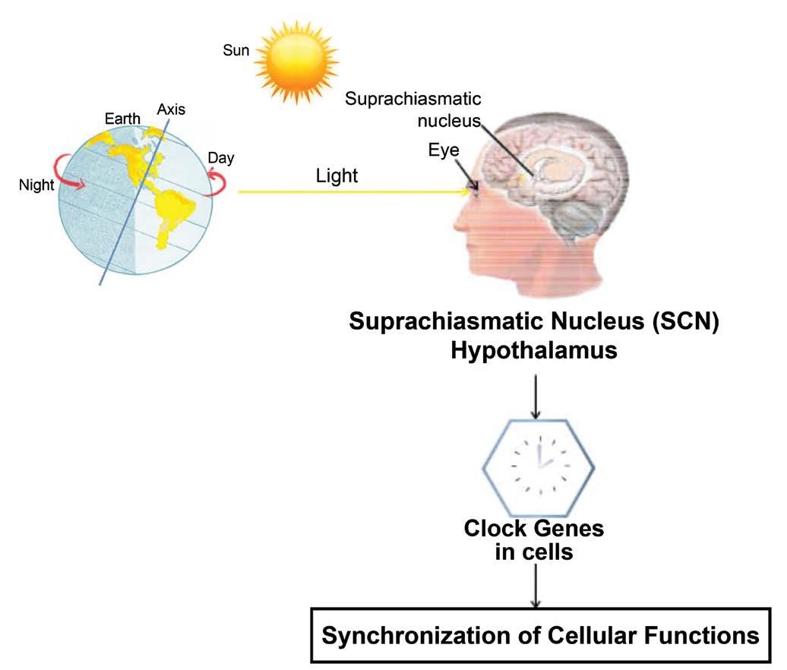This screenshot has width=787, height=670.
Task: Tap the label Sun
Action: [x=235, y=51]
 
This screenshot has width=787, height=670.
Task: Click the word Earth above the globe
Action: [x=122, y=119]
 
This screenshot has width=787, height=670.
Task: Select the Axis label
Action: [x=171, y=109]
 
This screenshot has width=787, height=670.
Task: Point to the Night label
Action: [x=36, y=185]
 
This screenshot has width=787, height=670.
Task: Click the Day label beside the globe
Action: [x=221, y=159]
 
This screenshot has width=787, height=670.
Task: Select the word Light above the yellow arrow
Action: [x=337, y=176]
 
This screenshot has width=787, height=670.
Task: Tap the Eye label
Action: [x=444, y=150]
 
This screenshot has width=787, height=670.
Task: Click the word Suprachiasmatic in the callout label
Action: [x=413, y=99]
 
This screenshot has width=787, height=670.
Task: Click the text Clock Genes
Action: [x=534, y=528]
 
